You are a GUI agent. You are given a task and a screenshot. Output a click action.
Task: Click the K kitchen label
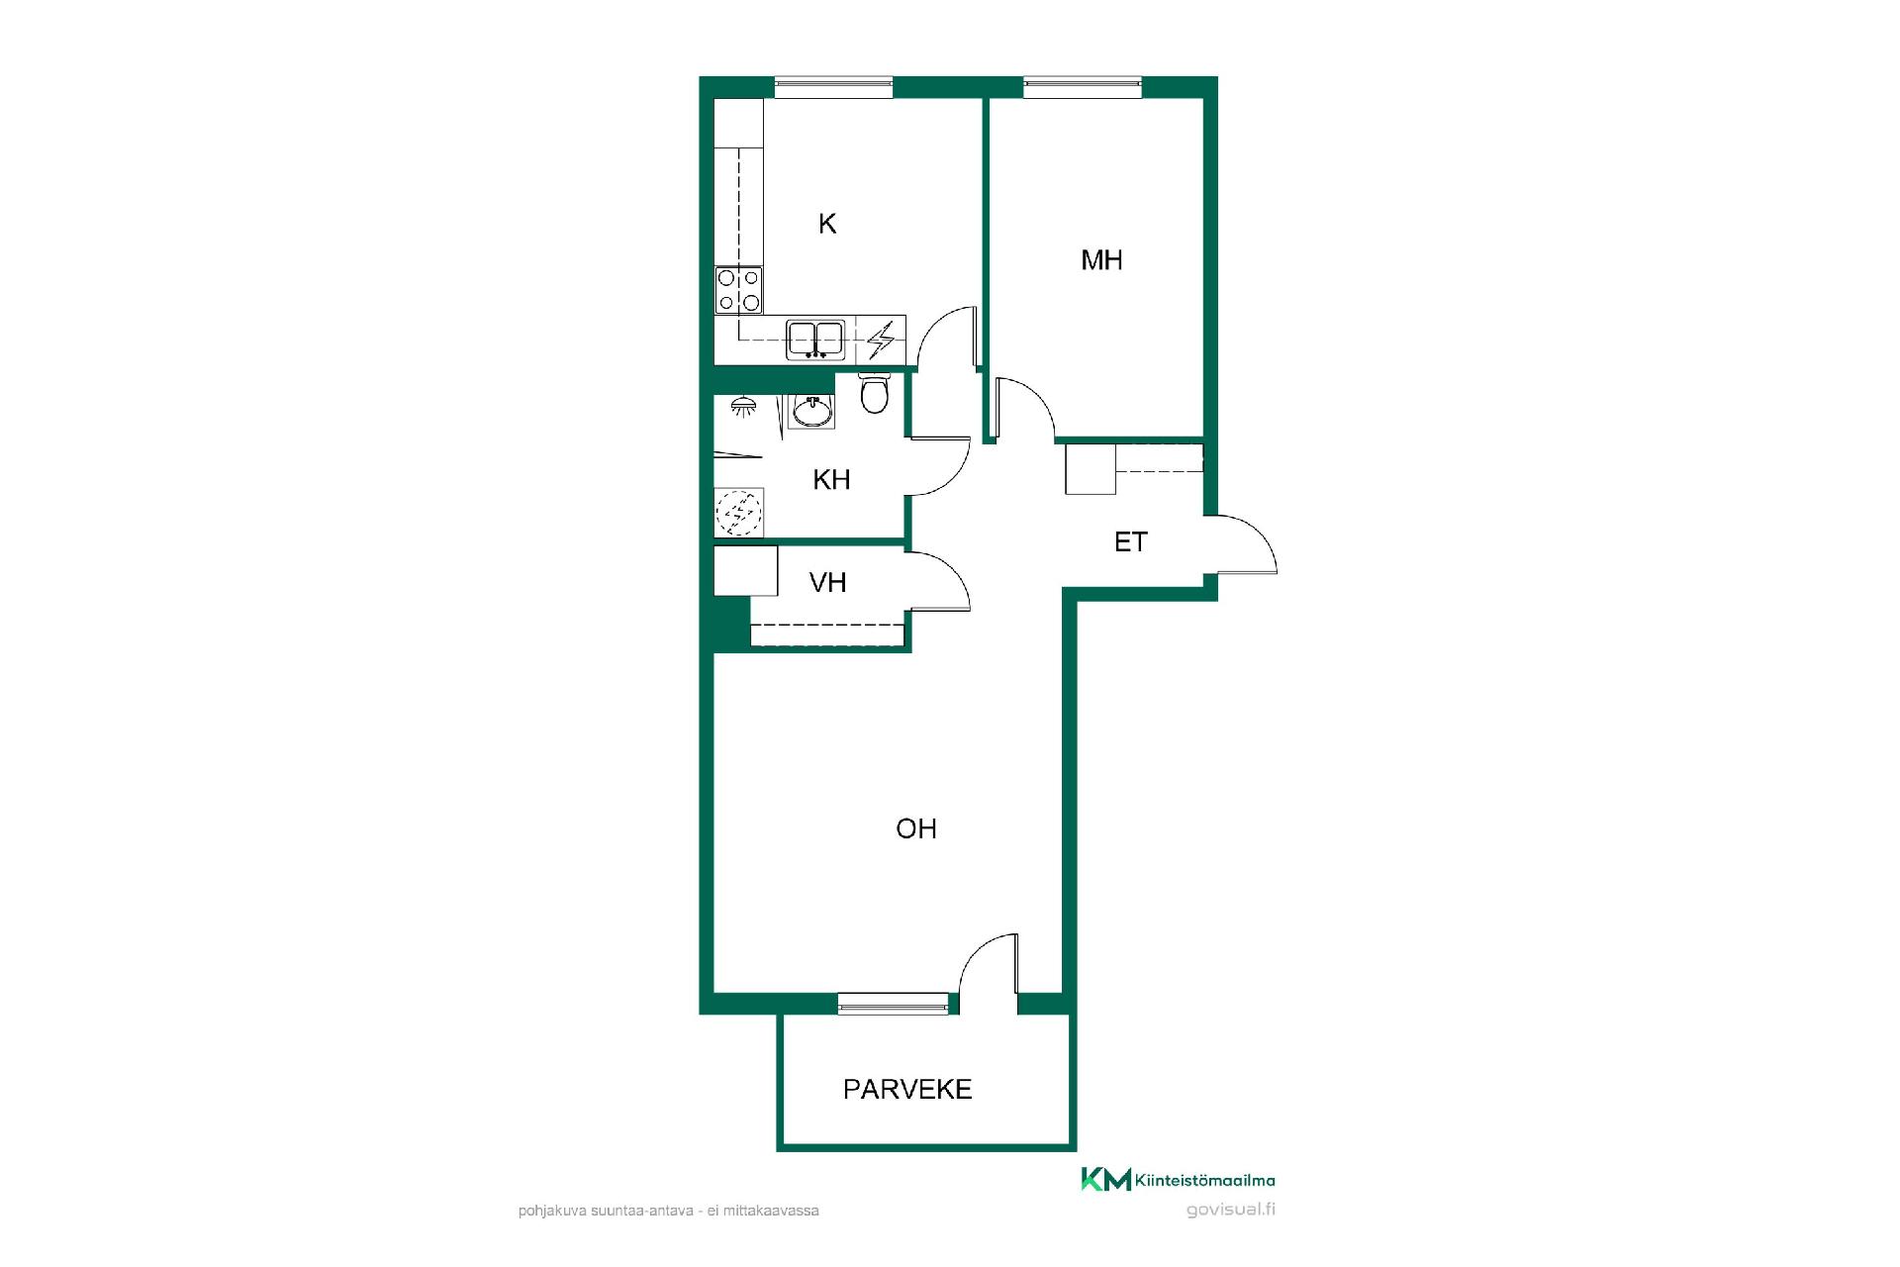click(827, 225)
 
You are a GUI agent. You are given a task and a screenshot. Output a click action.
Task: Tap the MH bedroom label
click(1101, 260)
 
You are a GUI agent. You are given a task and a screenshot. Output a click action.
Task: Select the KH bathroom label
click(831, 480)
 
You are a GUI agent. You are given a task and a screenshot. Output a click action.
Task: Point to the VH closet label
click(828, 582)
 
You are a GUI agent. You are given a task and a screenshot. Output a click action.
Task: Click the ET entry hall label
click(1130, 542)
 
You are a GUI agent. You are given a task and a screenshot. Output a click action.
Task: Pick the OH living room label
click(916, 828)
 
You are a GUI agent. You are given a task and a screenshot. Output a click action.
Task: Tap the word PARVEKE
click(907, 1090)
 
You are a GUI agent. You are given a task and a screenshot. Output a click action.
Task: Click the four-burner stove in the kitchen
click(739, 290)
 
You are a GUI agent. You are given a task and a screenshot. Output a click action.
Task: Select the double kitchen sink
click(815, 340)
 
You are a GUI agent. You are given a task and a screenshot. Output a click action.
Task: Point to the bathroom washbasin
click(811, 410)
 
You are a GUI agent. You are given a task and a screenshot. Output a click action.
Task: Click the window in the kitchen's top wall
click(833, 87)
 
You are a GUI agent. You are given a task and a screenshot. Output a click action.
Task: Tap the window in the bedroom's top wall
click(1083, 87)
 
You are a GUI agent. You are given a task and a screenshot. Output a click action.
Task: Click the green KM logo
click(1105, 1180)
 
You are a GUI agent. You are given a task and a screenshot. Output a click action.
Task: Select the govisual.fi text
click(1230, 1210)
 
